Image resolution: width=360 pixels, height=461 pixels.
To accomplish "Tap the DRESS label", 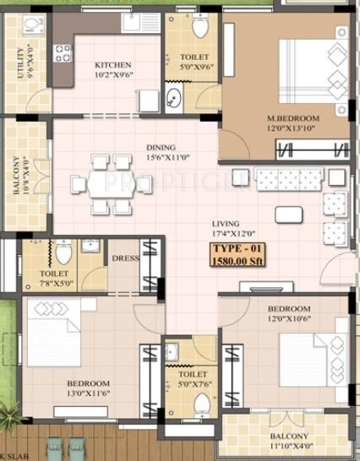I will click(x=126, y=259).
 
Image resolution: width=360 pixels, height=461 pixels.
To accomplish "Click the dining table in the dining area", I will click(x=108, y=182).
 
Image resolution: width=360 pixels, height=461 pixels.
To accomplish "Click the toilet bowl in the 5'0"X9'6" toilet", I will click(x=200, y=28).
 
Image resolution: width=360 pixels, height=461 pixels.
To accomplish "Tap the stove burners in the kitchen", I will click(x=63, y=55).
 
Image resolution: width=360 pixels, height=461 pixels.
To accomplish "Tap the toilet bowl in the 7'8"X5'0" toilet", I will click(x=63, y=252).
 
